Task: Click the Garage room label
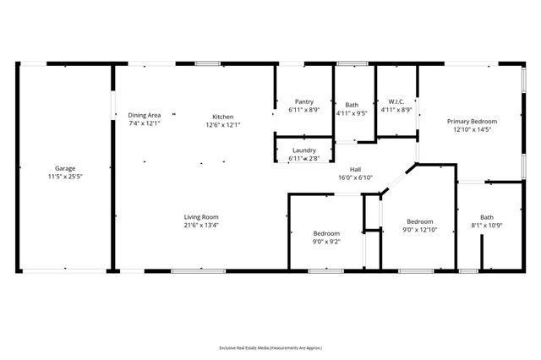[65, 168]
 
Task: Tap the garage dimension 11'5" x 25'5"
[65, 177]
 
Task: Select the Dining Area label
[145, 115]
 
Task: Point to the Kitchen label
[223, 116]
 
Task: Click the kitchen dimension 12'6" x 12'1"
[223, 124]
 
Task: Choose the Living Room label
[201, 216]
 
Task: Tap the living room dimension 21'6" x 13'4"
[201, 225]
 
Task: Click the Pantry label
[303, 101]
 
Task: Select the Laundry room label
[303, 150]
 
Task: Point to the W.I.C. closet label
[396, 101]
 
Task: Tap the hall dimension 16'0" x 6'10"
[355, 177]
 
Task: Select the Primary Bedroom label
[472, 122]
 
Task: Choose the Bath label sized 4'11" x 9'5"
[352, 105]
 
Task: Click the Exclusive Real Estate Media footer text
[270, 346]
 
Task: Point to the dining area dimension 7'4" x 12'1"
[145, 123]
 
